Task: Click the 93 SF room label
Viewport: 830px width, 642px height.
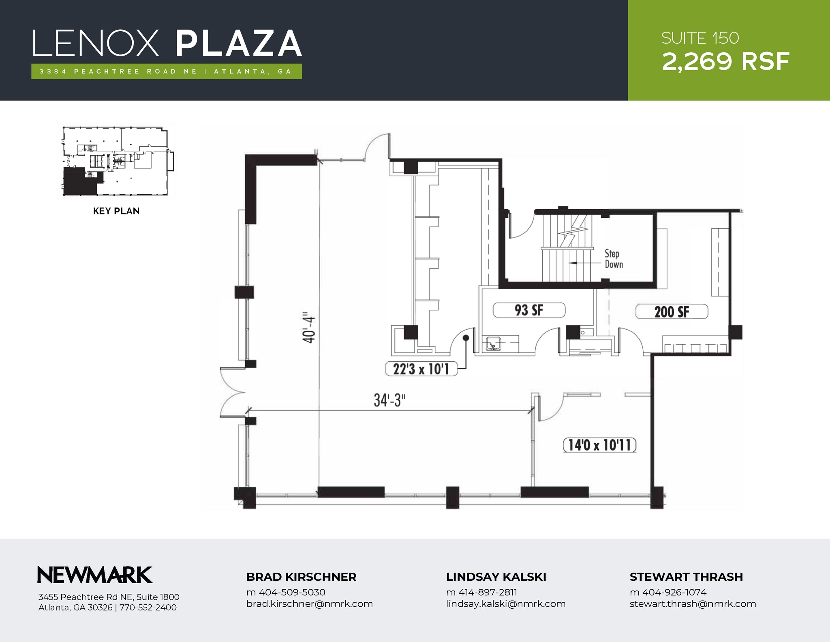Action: coord(529,311)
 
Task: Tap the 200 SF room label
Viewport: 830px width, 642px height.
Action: coord(672,312)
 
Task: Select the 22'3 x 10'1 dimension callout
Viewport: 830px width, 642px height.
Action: coord(421,369)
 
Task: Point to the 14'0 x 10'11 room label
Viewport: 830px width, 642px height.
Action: coord(599,445)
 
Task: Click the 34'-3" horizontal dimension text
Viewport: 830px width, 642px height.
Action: coord(389,401)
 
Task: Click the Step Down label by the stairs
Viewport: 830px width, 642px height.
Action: coord(613,259)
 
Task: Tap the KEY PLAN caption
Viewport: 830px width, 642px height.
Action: coord(116,211)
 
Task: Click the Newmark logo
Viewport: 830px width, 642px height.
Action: coord(95,575)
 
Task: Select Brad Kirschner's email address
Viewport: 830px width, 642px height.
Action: coord(309,604)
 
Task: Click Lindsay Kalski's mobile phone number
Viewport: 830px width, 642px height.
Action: coord(481,593)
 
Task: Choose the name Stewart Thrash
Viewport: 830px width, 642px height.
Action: coord(686,577)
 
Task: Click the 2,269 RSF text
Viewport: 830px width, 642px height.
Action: coord(725,62)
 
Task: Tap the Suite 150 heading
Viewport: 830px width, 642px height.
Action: coord(700,39)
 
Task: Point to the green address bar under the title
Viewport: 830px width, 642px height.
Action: coord(166,71)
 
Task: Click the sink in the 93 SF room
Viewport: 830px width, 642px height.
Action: coord(493,344)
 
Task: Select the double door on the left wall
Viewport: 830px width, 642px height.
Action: coord(232,392)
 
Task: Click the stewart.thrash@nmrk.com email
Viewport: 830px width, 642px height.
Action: coord(693,604)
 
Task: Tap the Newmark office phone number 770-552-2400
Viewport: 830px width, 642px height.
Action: coord(148,608)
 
